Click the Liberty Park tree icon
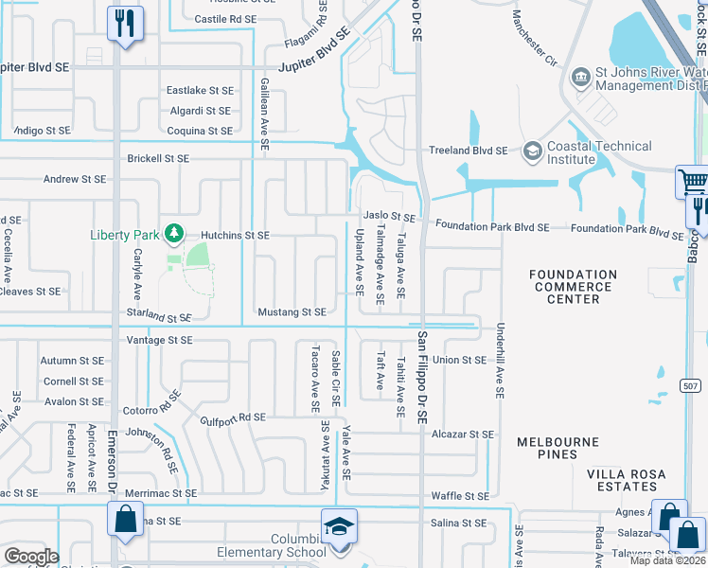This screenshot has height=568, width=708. point(172,233)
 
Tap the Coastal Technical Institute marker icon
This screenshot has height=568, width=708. point(532,151)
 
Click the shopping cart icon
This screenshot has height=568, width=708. point(693,181)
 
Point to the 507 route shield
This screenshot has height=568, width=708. point(690,384)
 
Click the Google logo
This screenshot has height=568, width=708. point(30,557)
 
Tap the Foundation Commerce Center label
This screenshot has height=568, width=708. point(573,287)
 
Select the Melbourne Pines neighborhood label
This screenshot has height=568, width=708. point(558,449)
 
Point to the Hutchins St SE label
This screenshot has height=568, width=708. point(235,236)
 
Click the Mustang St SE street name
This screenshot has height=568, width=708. point(292,311)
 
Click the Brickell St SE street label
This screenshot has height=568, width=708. point(158,158)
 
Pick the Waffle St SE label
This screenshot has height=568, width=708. point(460,496)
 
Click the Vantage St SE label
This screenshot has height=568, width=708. point(159,340)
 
